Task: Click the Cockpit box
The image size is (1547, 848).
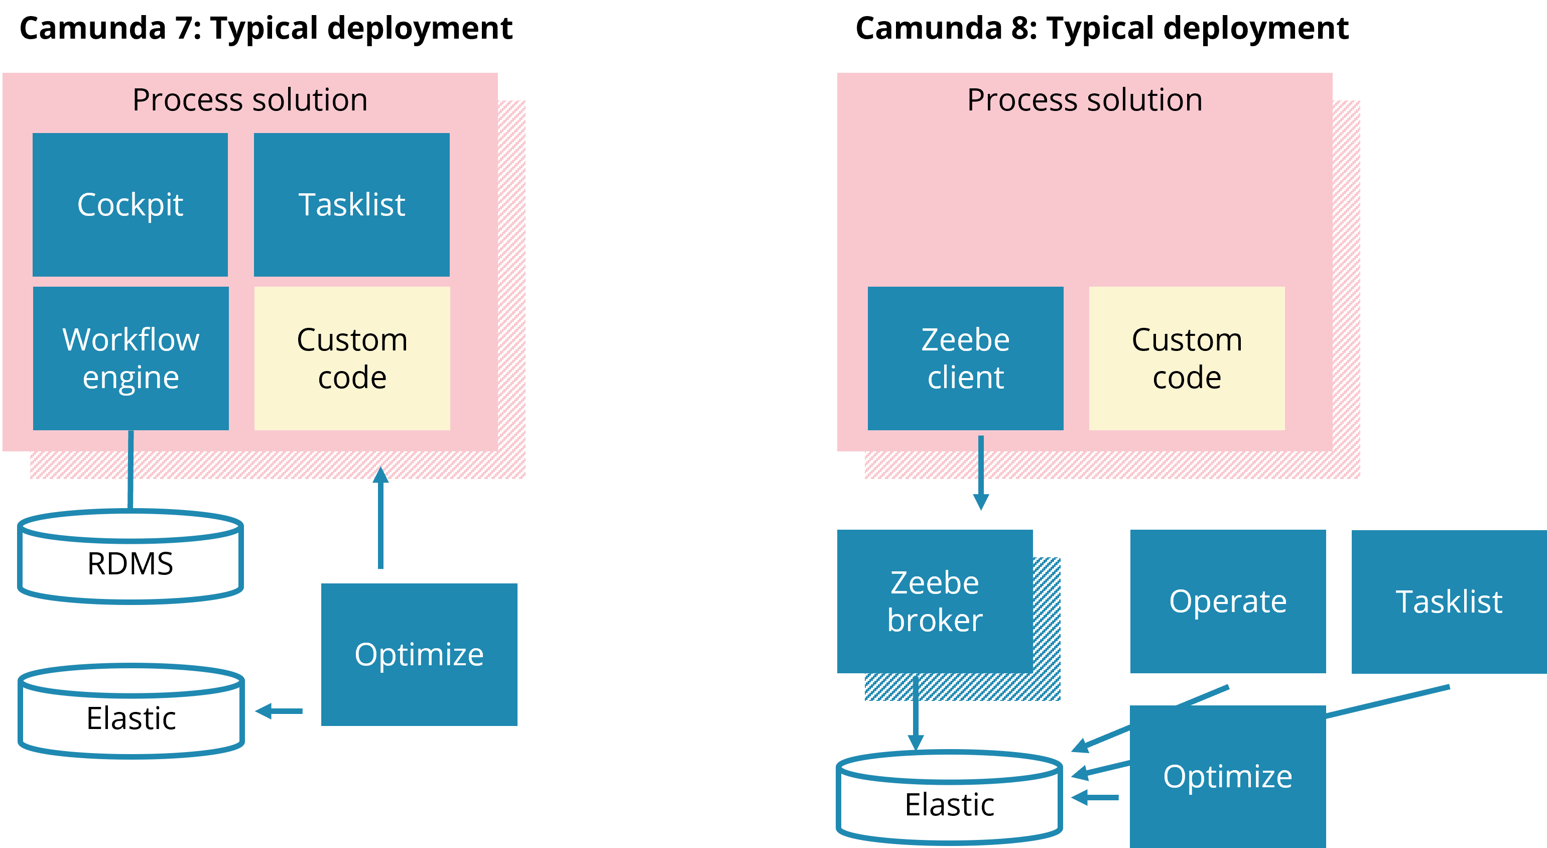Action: click(x=130, y=204)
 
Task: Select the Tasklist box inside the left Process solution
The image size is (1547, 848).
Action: click(x=351, y=204)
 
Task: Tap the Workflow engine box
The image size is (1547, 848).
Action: click(x=131, y=358)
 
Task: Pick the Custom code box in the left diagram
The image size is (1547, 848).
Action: click(x=352, y=358)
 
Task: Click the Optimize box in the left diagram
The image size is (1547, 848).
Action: click(x=419, y=654)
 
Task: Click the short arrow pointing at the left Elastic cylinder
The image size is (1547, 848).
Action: click(x=279, y=711)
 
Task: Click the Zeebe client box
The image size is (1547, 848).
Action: click(x=965, y=358)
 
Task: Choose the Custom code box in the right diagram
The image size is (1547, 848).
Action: click(x=1187, y=358)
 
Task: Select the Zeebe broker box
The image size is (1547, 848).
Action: click(x=935, y=600)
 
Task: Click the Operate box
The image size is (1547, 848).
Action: click(x=1228, y=600)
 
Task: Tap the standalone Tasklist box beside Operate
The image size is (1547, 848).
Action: click(x=1449, y=601)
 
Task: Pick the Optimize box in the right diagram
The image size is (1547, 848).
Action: click(x=1228, y=776)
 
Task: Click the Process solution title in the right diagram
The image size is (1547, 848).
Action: click(x=1085, y=100)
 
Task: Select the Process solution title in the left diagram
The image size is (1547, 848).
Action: click(x=250, y=100)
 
